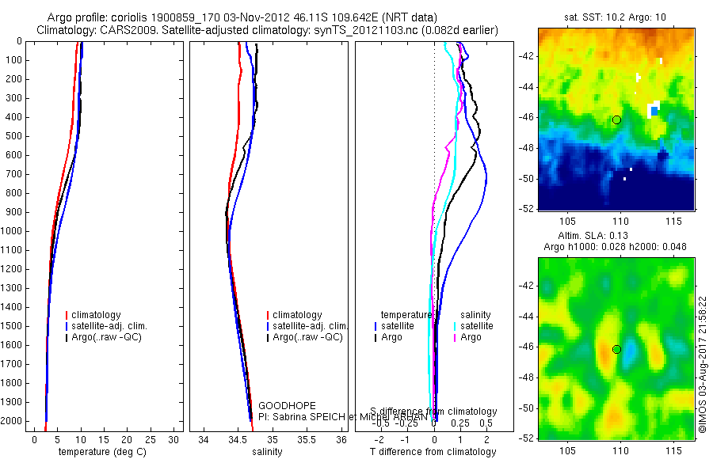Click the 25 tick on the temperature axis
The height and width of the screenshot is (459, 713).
151,439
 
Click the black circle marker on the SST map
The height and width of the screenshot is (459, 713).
616,119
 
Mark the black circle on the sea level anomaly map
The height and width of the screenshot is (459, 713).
616,349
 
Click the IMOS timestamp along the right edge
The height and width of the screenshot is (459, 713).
702,365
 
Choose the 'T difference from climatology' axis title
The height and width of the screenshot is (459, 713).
433,452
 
